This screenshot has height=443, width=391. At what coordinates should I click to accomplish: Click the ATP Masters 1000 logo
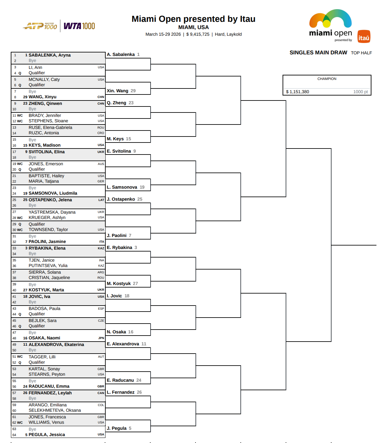point(40,26)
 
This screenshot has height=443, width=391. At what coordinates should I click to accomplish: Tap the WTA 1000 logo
point(79,26)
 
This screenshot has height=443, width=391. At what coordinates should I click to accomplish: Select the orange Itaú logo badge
point(364,37)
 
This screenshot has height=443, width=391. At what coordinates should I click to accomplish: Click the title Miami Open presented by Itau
point(193,19)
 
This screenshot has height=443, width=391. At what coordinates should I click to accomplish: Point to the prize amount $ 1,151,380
point(297,92)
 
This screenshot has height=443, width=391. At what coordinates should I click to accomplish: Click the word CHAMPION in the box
point(327,79)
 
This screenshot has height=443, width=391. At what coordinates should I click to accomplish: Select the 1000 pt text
point(360,92)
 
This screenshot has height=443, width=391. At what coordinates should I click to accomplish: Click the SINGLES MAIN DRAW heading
point(318,52)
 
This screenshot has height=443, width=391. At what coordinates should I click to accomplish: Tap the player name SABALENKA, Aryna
point(50,55)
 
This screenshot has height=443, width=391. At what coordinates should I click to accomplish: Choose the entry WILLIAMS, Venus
point(46,422)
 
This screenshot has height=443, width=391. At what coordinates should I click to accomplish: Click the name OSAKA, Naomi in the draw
point(44,338)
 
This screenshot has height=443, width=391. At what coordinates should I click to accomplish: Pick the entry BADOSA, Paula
point(44,308)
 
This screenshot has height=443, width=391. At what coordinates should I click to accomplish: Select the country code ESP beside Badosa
point(101,308)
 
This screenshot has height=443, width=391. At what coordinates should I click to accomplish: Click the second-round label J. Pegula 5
point(119,428)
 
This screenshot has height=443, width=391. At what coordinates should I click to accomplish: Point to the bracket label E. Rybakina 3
point(122,247)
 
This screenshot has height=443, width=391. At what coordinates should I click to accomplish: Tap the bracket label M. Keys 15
point(119,139)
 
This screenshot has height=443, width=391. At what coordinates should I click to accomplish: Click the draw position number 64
point(14,435)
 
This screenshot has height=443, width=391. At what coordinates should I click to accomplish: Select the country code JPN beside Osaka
point(101,338)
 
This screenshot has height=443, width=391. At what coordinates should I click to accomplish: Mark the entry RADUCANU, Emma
point(49,386)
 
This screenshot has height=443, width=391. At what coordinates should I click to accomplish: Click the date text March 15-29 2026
point(163,34)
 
